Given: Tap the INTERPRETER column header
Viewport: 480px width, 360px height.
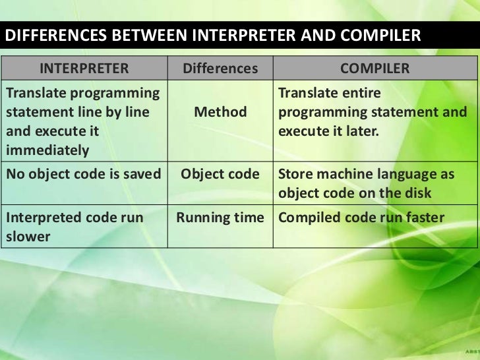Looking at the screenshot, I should (84, 69).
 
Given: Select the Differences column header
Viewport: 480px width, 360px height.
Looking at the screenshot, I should (220, 69).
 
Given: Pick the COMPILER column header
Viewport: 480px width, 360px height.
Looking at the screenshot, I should (375, 69).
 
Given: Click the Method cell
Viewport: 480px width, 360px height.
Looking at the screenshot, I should (220, 112).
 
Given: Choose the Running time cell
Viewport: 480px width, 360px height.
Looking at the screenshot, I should (220, 218).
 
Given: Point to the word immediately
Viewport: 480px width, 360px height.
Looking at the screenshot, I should (47, 150).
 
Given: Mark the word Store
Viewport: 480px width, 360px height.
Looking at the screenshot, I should (297, 175).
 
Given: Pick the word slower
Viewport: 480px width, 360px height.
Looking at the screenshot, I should (28, 236).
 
